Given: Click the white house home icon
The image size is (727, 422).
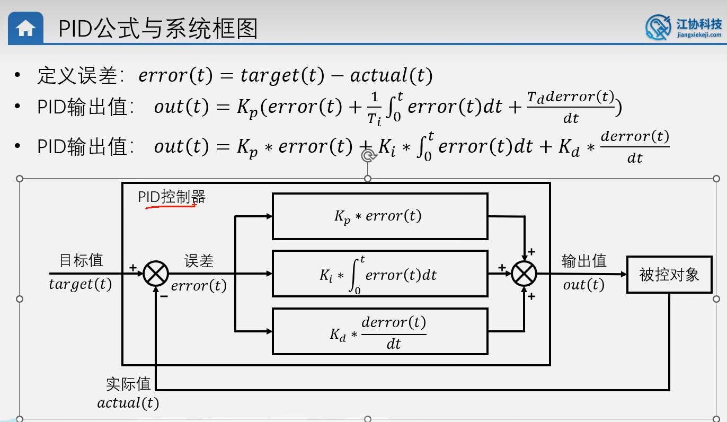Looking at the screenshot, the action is coord(25,29).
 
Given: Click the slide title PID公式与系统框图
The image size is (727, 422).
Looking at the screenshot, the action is coord(158,29).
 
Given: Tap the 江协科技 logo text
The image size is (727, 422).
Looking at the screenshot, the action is coord(699,24).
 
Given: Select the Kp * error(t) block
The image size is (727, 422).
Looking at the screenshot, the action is coord(379,216).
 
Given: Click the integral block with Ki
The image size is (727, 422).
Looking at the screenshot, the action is coord(379,274).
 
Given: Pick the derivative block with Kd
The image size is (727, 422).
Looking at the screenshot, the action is coord(379,331).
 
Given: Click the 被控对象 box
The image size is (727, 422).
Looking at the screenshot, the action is coord(669,274).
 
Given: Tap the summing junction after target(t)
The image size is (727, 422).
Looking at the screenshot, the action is coord(156,274).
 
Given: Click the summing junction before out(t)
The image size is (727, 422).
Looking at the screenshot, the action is coord(524,274).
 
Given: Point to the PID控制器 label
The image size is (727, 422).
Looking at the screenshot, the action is coord(172,197).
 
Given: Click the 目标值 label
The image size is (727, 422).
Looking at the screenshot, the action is coord(81,260).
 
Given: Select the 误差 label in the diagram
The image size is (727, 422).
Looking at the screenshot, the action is coord(199,261).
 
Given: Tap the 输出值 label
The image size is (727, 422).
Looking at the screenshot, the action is coord(584,261).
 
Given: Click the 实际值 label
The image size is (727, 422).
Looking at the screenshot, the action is coord(128,384).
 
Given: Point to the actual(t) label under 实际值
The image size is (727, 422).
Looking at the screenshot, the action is coord(128,403).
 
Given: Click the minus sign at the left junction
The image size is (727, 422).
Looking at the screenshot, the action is coord(164,296).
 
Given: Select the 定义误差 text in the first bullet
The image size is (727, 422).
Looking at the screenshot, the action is coord(77,76).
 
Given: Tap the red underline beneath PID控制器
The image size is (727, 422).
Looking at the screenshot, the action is coord(171,206).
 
